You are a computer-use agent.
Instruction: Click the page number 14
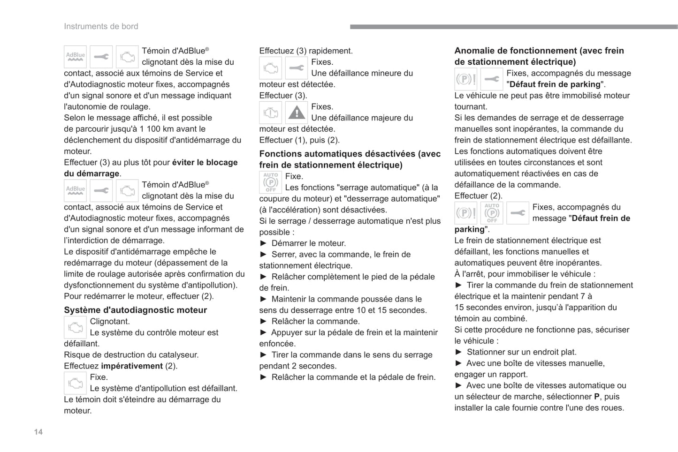tap(38, 432)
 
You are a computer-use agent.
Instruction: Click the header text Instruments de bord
tap(101, 26)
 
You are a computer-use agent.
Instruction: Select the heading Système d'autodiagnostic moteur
tap(135, 310)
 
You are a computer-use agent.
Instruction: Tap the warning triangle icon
tap(297, 113)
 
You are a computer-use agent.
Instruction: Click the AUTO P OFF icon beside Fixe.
tap(270, 182)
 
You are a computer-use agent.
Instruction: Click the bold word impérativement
tap(132, 366)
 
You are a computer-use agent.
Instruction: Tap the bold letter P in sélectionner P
tap(597, 397)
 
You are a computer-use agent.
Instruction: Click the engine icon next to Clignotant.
tap(75, 327)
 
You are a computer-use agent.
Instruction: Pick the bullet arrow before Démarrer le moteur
tap(263, 243)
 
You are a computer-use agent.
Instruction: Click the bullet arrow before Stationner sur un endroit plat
tap(458, 352)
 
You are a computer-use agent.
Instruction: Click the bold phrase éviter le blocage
tap(205, 163)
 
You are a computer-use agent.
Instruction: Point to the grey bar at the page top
tap(513, 27)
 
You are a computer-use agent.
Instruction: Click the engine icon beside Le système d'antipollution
tap(75, 383)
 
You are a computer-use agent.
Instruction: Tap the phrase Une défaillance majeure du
tap(362, 118)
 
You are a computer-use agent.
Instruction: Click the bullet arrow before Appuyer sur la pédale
tap(263, 332)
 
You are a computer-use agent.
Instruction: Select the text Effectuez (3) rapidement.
tap(305, 51)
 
